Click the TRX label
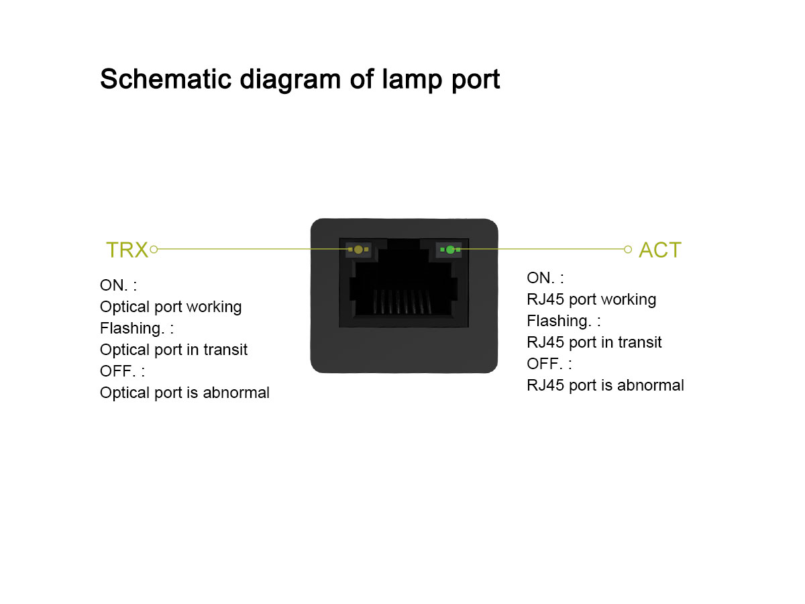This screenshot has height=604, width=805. point(127,250)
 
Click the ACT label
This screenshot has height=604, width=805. point(659,250)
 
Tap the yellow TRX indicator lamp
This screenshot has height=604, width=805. point(358,250)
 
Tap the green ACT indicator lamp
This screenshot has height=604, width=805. point(450,250)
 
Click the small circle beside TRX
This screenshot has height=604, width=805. point(154,250)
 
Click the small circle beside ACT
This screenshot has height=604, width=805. point(628,250)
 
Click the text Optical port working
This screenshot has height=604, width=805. point(170,307)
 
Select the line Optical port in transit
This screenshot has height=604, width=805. point(174,350)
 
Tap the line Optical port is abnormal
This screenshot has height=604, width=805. point(184,393)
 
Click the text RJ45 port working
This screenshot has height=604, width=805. point(591,299)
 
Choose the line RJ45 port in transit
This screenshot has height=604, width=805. point(594,342)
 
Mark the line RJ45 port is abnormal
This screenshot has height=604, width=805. point(605,385)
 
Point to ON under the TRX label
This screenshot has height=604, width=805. point(113,285)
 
